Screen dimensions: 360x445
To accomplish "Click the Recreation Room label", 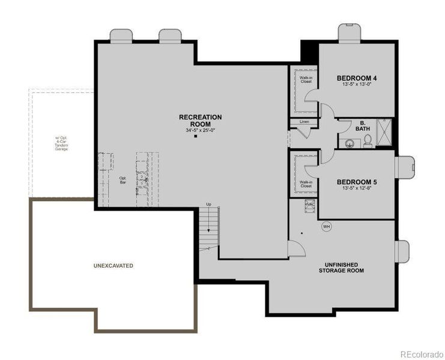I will tap(200, 120).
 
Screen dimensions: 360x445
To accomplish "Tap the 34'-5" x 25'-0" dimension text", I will tap(200, 131).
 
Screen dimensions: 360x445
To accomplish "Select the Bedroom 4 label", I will tap(356, 78).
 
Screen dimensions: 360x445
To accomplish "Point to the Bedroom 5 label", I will tap(356, 182).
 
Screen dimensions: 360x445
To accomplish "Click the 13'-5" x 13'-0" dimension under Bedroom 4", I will tap(356, 85).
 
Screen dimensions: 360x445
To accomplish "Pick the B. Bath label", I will tap(359, 127).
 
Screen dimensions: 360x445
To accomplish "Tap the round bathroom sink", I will tap(350, 143).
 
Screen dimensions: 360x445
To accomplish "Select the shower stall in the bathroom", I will tap(384, 133).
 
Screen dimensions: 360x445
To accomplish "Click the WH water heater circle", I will tap(327, 226).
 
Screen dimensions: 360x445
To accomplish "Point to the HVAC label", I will tap(310, 205).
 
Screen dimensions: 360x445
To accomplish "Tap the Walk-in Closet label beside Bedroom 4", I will tap(306, 80).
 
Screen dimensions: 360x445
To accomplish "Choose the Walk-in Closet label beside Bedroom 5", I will tap(306, 184).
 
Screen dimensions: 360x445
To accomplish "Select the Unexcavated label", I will tap(113, 265).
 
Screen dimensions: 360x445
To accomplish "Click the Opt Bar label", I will tap(123, 180).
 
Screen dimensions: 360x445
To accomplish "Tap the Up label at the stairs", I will tap(208, 204).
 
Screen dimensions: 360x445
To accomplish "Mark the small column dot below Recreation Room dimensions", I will tap(196, 137).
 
